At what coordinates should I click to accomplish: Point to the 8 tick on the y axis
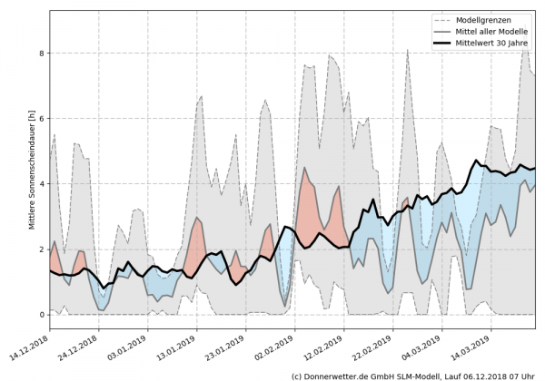[x=41, y=54]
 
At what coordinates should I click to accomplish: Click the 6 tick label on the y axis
[x=41, y=119]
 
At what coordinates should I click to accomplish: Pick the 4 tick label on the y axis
[x=41, y=184]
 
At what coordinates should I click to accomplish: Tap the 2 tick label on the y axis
[x=41, y=249]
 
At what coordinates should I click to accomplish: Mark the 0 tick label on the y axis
[x=41, y=315]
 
